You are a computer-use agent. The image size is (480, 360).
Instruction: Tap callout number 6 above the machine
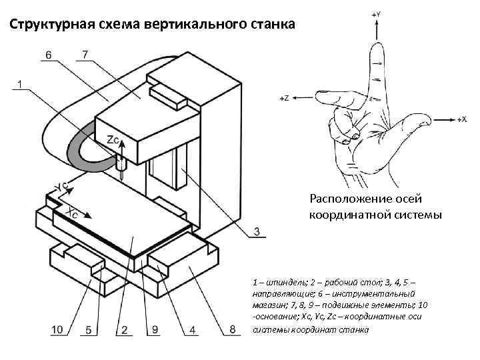(49, 54)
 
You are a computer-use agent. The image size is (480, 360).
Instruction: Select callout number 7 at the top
(85, 53)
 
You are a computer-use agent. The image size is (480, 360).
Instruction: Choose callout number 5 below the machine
(88, 329)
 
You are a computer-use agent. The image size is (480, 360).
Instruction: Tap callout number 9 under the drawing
(154, 329)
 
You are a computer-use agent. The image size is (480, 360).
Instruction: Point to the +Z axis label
(283, 98)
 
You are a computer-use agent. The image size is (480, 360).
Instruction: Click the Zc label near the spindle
(114, 140)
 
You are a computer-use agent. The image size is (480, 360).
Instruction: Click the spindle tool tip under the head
(121, 175)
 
